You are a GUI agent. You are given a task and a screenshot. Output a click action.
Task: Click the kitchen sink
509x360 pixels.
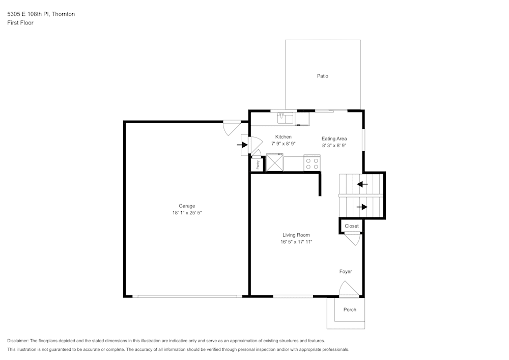285,119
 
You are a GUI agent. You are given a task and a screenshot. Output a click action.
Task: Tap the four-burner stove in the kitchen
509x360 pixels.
312,163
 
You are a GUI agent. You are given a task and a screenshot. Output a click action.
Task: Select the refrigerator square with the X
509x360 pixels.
274,163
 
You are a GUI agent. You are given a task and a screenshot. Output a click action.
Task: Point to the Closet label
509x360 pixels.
351,226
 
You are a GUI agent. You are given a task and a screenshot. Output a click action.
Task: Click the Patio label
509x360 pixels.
323,76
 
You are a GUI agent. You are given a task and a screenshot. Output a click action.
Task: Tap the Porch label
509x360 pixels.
350,310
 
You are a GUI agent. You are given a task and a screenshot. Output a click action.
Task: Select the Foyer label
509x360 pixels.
346,272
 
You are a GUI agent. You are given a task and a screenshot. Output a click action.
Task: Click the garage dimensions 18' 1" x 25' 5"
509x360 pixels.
187,213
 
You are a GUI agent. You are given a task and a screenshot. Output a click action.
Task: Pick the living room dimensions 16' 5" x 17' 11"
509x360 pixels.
296,242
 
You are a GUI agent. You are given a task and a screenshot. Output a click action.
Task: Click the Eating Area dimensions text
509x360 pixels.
334,145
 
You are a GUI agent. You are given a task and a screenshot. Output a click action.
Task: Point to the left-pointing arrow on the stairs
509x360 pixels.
362,184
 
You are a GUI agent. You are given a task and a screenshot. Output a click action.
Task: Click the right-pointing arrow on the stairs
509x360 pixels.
362,207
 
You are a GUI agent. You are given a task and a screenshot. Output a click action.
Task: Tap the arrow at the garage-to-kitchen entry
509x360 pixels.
242,145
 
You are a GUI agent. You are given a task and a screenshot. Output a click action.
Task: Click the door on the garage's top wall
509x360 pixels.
232,127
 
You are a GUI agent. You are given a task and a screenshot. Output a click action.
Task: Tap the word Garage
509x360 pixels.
187,206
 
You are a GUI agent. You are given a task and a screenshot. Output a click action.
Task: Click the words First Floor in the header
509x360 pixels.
20,23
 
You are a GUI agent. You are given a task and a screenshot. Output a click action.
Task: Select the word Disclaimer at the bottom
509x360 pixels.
18,341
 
